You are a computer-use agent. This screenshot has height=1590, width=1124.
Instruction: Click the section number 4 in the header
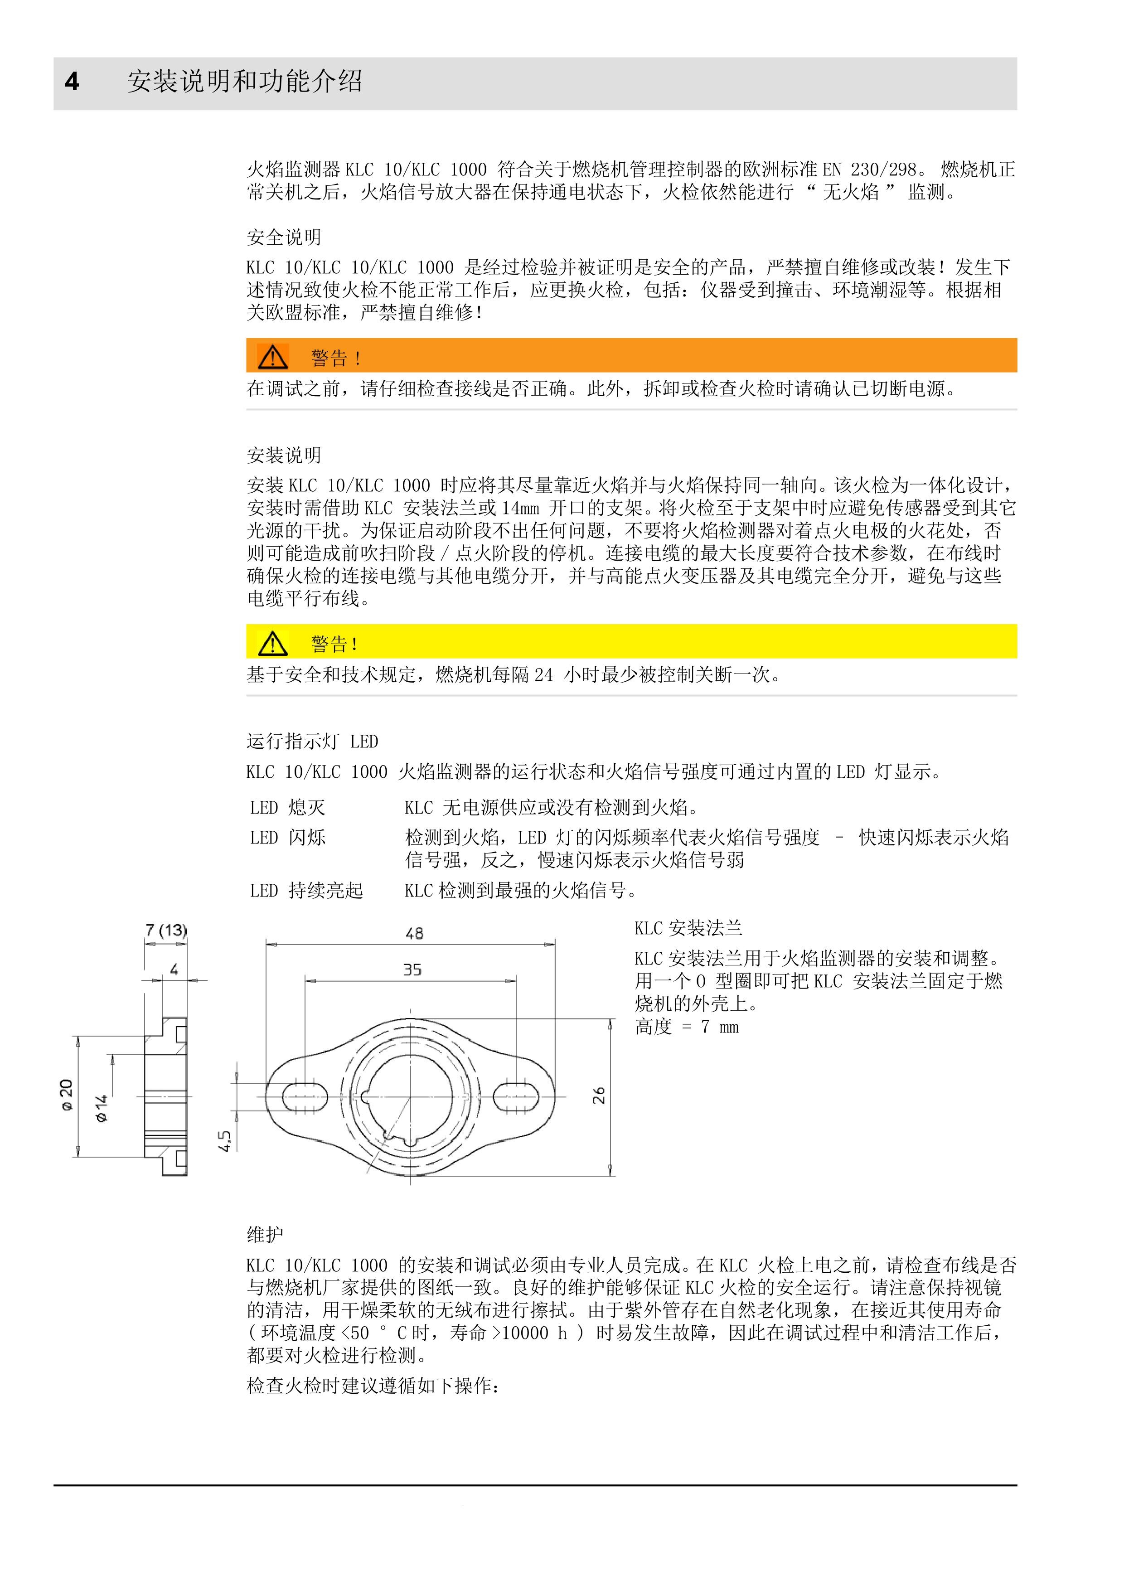coord(72,82)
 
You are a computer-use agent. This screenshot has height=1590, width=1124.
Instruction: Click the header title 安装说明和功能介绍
coord(244,82)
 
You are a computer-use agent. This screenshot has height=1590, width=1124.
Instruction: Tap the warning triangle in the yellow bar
coord(273,643)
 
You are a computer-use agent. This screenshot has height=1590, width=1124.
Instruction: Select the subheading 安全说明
coord(284,238)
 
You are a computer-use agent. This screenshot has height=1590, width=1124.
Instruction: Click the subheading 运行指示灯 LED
coord(312,742)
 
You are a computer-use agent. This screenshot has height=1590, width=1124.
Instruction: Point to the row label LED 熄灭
coord(287,808)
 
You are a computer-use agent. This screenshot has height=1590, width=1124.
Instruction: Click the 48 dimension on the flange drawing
coord(414,934)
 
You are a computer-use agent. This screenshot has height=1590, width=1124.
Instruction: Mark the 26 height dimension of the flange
coord(599,1095)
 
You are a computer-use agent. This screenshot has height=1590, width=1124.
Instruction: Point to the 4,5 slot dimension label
coord(224,1140)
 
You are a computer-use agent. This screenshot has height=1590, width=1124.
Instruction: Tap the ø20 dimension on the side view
coord(67,1095)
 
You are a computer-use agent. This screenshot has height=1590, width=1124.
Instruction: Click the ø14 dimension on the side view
coord(102,1109)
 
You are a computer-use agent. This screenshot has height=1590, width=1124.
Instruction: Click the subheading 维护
coord(265,1234)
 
